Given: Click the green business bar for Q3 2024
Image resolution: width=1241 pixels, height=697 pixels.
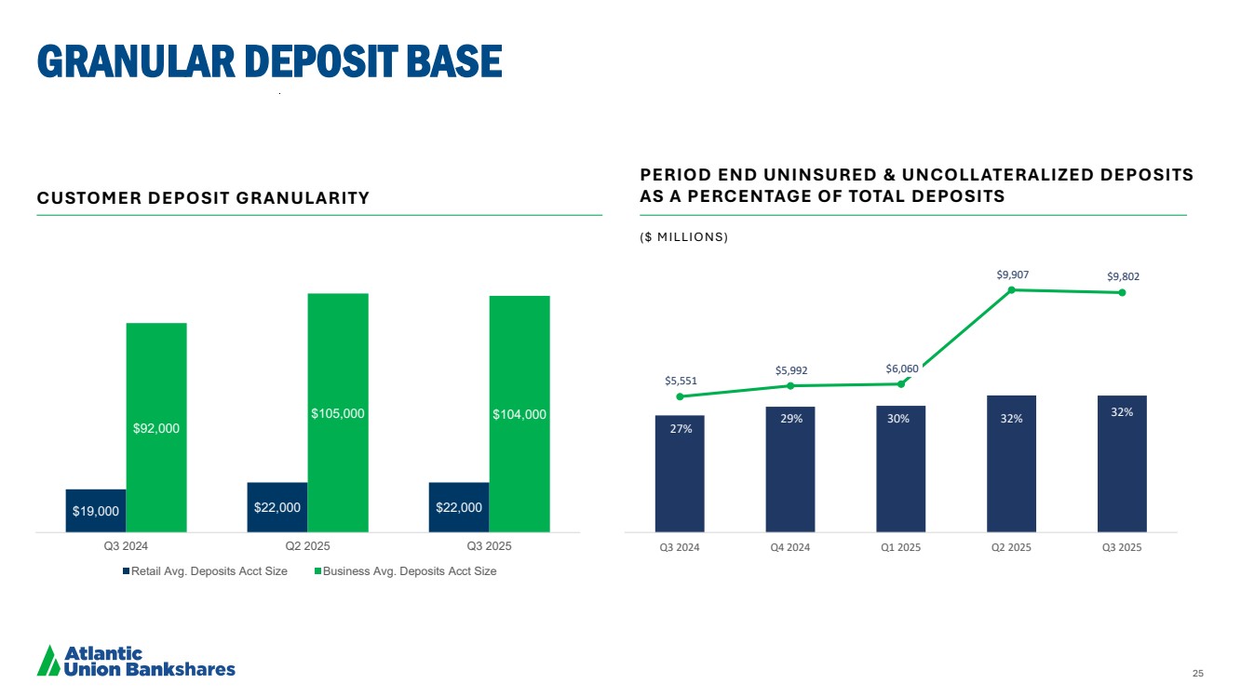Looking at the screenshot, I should tap(156, 427).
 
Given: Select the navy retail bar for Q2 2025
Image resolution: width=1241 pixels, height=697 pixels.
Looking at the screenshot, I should tap(277, 507).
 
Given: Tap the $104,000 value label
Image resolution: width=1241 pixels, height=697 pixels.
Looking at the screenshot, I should tap(519, 414).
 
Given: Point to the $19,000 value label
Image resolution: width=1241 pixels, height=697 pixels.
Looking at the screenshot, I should tap(95, 511).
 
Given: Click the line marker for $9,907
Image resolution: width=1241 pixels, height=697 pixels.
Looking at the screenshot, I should tap(1011, 289).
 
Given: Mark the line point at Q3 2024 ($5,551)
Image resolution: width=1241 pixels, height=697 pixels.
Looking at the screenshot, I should tap(680, 396).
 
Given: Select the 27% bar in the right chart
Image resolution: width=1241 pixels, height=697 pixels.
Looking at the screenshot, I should tap(680, 473).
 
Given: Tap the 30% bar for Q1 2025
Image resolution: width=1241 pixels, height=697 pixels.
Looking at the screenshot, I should tap(900, 468).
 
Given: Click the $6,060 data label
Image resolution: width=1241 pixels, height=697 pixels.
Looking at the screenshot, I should tap(901, 369).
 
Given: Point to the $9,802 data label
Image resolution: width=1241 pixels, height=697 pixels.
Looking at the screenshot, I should tap(1123, 276).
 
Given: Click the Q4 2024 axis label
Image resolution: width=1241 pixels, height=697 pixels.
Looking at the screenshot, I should tap(790, 547).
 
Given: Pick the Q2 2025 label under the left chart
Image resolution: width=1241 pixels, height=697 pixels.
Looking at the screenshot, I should tap(307, 546).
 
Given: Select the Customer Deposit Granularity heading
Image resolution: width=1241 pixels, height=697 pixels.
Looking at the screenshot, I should tap(203, 198).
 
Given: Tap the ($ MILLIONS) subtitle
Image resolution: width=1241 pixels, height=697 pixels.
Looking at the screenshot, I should tap(683, 237).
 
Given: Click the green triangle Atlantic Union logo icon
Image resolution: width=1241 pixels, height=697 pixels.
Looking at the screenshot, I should tap(47, 660).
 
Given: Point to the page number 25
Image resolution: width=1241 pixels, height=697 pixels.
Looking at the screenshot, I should tap(1197, 673).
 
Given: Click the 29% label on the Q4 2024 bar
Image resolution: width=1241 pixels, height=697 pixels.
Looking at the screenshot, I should tap(790, 419).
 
